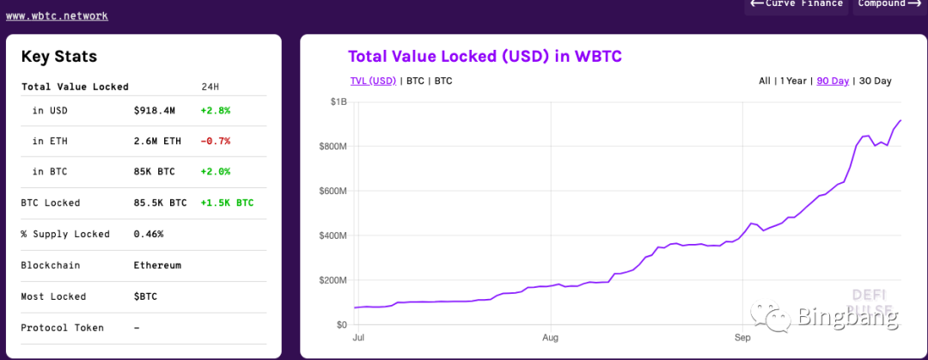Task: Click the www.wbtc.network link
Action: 57,15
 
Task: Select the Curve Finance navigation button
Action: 797,4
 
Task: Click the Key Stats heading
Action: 59,57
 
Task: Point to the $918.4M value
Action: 155,110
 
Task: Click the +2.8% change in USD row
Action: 216,110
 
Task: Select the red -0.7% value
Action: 216,141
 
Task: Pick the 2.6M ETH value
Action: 158,141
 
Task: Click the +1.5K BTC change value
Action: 227,203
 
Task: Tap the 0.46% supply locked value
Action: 149,234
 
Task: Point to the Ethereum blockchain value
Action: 158,265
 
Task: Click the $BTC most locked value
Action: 146,296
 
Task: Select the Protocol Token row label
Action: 62,327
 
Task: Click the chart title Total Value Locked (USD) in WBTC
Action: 485,57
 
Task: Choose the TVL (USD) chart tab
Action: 373,81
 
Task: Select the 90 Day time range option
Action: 833,81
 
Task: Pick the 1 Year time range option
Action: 793,81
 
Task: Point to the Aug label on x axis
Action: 550,339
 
